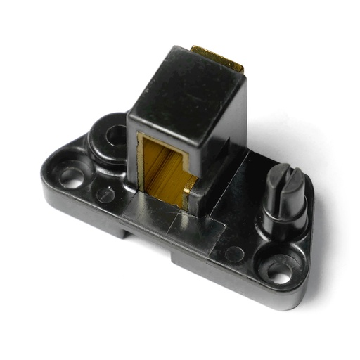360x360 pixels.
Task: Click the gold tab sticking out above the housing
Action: click(218, 58)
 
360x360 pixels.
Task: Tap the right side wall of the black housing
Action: click(229, 151)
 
